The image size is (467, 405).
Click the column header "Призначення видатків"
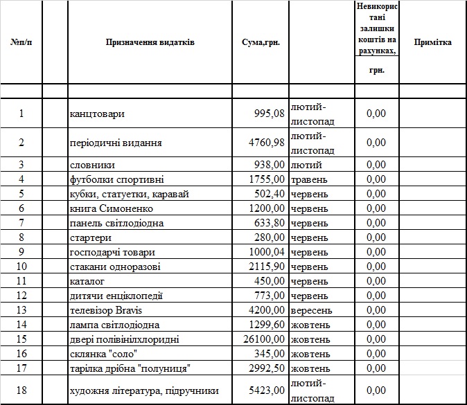pos(150,43)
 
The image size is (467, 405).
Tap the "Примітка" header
pos(432,43)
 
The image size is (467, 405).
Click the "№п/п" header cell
pos(21,43)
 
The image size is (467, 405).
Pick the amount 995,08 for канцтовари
pos(269,114)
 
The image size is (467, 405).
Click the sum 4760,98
pos(266,143)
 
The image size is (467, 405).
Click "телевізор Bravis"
pos(107,310)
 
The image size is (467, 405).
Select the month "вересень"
pos(312,310)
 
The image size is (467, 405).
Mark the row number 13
pos(21,310)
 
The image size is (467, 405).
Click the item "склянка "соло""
pos(103,354)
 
